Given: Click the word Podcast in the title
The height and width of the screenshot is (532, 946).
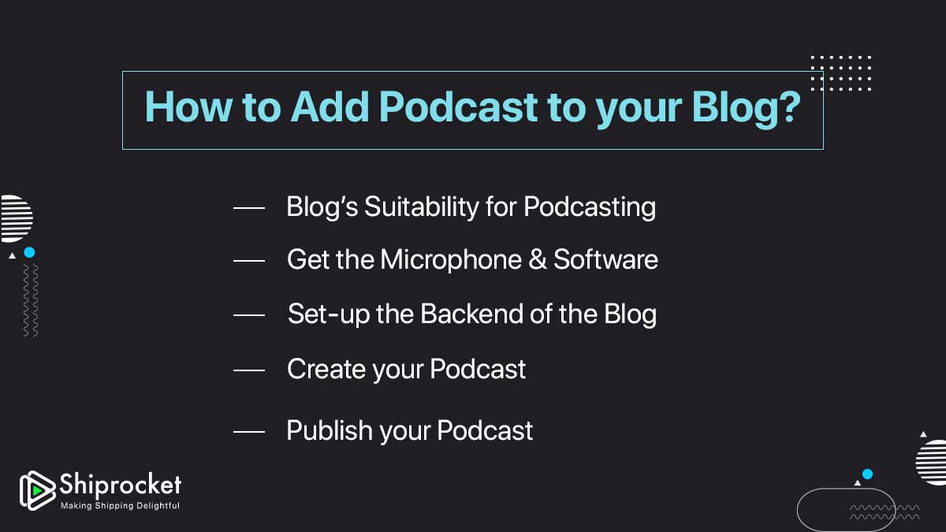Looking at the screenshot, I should [x=459, y=108].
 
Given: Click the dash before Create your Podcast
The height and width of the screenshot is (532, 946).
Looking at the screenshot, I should [x=249, y=369].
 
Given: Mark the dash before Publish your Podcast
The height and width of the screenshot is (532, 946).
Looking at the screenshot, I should [x=249, y=431].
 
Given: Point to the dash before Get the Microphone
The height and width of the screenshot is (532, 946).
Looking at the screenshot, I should [x=249, y=260].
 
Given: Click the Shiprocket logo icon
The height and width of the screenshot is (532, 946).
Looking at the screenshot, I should [x=37, y=490].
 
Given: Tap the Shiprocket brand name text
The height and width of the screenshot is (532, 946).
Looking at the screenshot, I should [x=120, y=484].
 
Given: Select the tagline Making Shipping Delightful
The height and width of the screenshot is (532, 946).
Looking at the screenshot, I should [x=120, y=505].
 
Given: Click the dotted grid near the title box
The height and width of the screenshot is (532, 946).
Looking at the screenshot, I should [x=841, y=73].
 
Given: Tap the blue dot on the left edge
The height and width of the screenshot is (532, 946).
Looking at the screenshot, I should [x=29, y=253].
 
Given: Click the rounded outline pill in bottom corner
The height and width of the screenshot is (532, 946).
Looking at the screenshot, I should [x=845, y=510].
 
